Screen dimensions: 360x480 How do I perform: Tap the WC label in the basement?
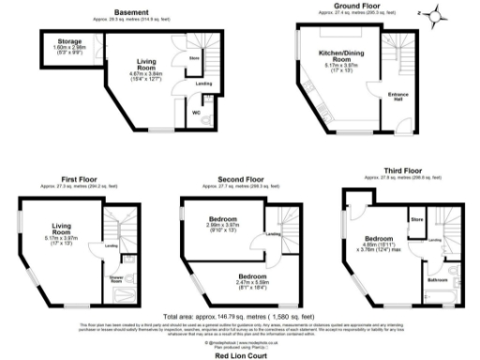coord(196,113)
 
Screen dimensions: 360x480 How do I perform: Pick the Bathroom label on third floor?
coord(438,278)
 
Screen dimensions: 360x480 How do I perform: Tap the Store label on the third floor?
coord(417,219)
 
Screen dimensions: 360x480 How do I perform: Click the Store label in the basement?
coord(195,58)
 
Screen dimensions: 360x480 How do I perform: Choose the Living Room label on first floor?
coord(61,226)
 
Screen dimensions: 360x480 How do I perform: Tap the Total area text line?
coord(239,317)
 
